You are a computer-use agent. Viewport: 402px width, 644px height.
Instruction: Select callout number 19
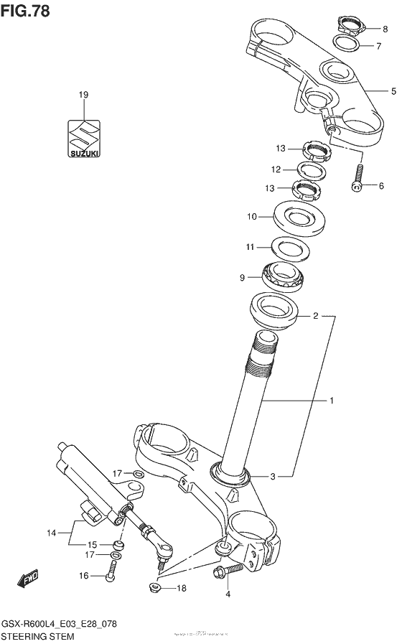(x=83, y=95)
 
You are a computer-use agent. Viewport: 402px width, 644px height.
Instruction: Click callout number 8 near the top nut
(x=384, y=29)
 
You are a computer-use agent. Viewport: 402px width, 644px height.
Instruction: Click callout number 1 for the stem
(x=332, y=401)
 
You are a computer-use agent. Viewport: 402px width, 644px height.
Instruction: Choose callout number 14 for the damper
(x=50, y=533)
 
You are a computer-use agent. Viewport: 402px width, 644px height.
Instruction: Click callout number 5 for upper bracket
(x=393, y=91)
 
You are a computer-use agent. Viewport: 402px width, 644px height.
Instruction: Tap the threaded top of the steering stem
(x=263, y=352)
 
